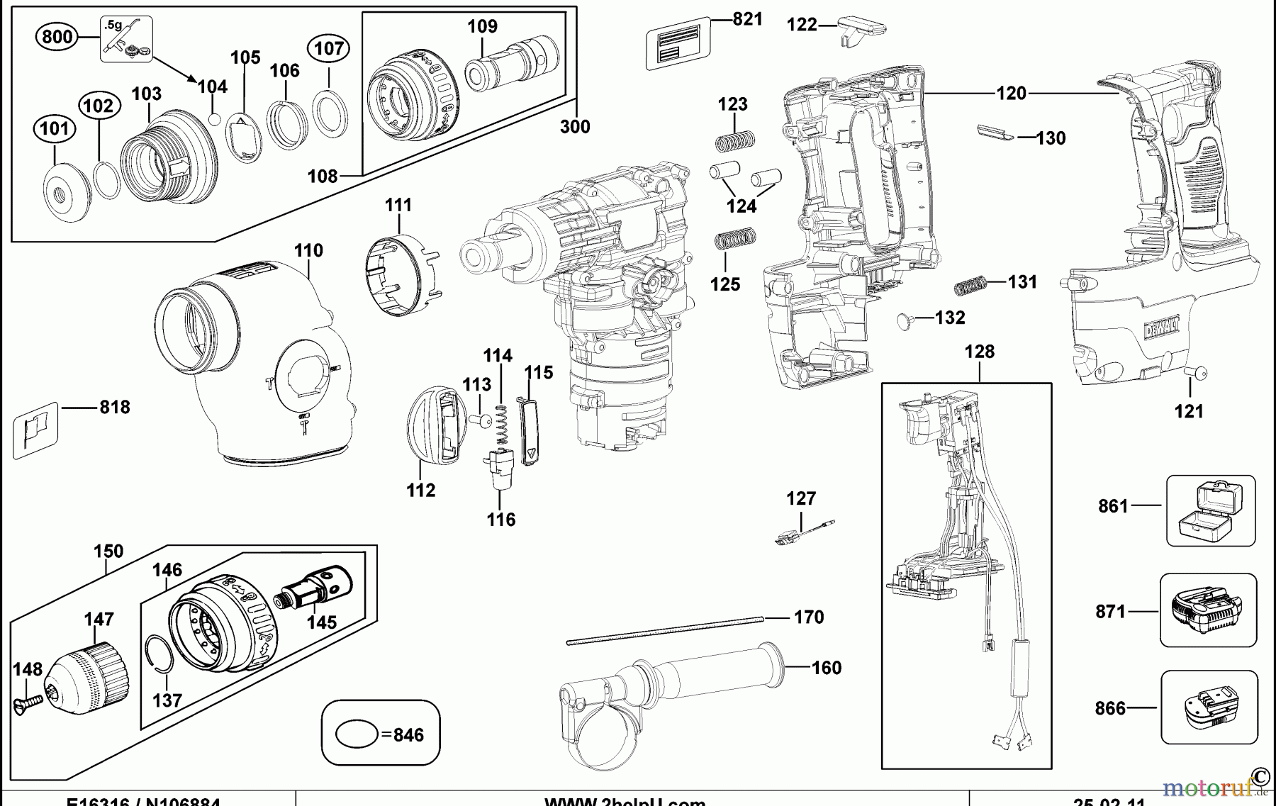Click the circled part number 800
[x=57, y=36]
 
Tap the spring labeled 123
[x=734, y=142]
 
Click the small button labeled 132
[x=905, y=320]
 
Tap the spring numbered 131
[x=970, y=286]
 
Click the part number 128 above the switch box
[x=979, y=352]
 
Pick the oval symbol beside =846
[x=356, y=734]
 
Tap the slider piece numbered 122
[x=860, y=31]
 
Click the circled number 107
[x=329, y=48]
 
